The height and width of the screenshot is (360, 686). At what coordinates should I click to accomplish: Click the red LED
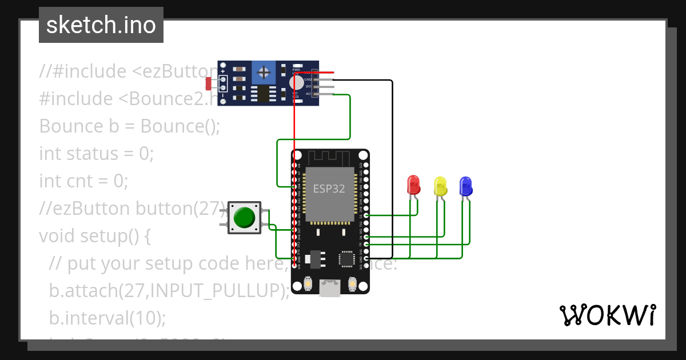[413, 185]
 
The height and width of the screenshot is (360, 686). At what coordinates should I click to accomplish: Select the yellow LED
[440, 186]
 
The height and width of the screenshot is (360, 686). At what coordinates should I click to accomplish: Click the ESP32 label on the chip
[329, 189]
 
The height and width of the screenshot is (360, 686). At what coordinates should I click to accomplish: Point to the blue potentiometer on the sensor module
[264, 72]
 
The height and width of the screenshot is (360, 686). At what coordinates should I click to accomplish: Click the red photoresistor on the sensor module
[209, 83]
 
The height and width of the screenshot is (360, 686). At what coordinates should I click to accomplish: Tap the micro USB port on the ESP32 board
[330, 288]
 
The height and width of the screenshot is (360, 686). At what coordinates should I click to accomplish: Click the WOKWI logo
[607, 315]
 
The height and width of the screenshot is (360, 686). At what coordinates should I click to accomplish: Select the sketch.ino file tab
[101, 25]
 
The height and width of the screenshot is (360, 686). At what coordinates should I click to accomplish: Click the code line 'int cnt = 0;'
[83, 181]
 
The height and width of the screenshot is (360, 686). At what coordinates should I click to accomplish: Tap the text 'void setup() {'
[94, 235]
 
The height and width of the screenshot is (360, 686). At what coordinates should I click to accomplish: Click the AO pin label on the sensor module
[308, 93]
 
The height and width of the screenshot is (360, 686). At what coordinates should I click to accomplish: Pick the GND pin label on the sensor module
[308, 79]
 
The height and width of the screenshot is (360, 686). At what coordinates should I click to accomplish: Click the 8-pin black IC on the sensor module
[263, 93]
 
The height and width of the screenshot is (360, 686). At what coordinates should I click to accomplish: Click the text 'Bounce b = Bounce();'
[129, 126]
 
